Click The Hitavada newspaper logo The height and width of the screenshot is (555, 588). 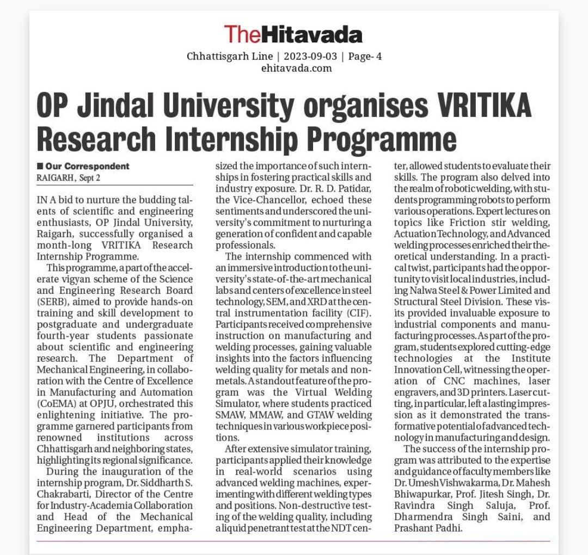293,34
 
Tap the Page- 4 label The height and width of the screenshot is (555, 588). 365,56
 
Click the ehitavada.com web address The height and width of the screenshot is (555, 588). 296,68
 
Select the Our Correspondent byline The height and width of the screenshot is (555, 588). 87,166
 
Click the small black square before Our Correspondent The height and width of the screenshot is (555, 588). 40,166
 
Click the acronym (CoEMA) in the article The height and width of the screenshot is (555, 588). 57,403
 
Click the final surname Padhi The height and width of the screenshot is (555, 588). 445,528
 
